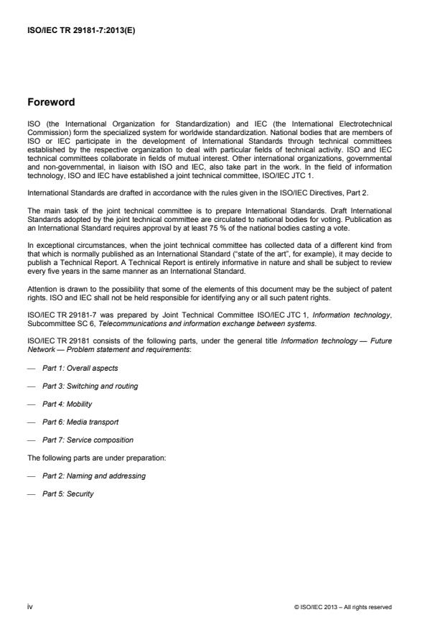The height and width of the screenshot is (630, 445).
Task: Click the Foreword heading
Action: click(51, 103)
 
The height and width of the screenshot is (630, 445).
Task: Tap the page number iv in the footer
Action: click(29, 606)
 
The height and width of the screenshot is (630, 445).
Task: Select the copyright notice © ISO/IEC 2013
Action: click(343, 607)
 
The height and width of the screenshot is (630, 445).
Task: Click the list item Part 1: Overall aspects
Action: click(80, 369)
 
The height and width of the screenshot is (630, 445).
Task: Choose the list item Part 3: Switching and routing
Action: click(90, 386)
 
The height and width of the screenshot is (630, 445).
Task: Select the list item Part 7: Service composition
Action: click(88, 440)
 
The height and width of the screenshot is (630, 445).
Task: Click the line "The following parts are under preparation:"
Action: click(87, 458)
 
